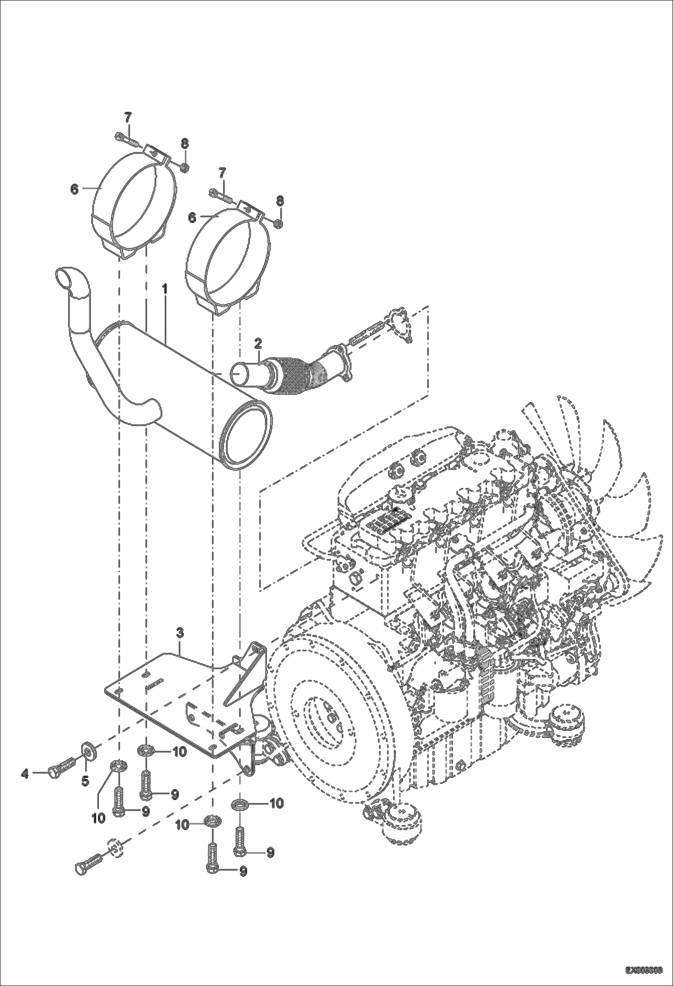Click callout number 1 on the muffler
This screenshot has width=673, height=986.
click(x=164, y=289)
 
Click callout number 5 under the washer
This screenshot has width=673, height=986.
click(x=85, y=782)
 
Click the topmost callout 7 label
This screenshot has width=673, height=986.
click(x=128, y=118)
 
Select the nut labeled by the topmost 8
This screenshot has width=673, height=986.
click(x=184, y=168)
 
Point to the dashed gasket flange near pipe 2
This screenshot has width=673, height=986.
click(x=400, y=323)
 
